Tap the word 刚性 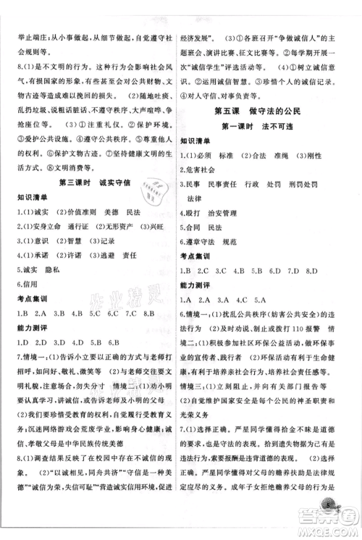point(313,155)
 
